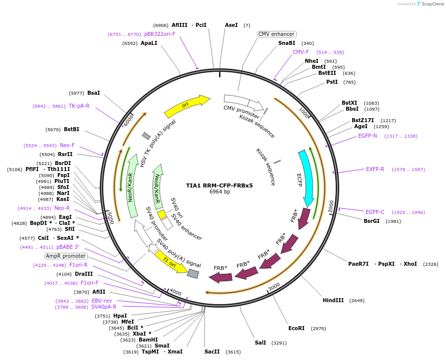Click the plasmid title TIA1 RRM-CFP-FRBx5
coord(220,185)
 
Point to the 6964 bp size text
coord(220,191)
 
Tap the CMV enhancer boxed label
coord(277,34)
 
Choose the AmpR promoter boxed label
coord(65,256)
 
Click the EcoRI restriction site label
coord(296,328)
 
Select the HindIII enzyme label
coord(333,300)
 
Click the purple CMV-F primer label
coord(301,52)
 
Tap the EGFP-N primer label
coord(368,136)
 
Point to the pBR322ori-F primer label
coord(160,34)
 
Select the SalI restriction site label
coord(260,343)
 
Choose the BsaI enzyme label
coord(94,93)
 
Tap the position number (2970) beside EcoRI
coord(318,329)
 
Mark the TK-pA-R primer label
coord(79,106)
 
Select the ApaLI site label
coord(149,43)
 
